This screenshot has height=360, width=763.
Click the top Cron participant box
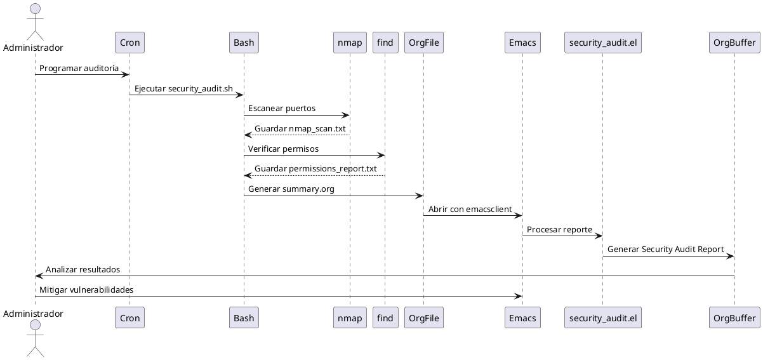tap(129, 43)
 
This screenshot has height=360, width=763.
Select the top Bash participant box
tap(244, 43)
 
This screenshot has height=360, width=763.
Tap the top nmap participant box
tap(349, 43)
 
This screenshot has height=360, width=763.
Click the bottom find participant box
tap(385, 317)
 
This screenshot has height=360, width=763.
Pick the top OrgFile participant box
tap(423, 43)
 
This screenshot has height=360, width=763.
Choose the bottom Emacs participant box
tap(522, 317)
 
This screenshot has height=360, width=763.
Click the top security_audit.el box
tap(602, 43)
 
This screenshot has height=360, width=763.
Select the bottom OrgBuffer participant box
tap(734, 317)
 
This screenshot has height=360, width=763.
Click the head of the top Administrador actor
tap(35, 8)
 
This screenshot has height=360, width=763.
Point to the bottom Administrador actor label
tap(33, 314)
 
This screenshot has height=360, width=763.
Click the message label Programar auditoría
tap(79, 68)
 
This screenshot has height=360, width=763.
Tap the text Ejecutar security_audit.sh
tap(183, 88)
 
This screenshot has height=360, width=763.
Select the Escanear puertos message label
tap(281, 109)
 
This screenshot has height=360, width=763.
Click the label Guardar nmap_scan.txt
tap(300, 128)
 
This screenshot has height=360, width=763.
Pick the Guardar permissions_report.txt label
tap(315, 168)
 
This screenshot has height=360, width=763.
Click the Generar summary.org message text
tap(291, 189)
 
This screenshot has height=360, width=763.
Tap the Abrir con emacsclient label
tap(470, 209)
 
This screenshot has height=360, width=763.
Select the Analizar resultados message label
tap(83, 269)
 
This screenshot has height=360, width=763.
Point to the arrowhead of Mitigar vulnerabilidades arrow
tap(519, 296)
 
